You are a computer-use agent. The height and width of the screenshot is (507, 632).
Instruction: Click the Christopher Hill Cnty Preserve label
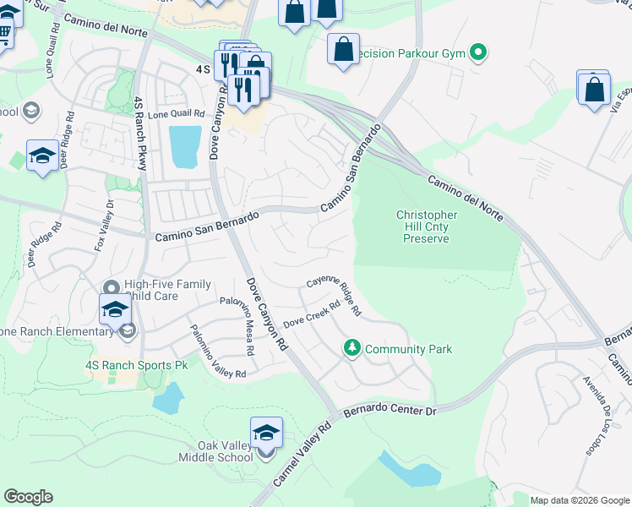coord(427,226)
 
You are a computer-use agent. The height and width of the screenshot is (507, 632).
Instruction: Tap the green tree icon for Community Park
coord(351,347)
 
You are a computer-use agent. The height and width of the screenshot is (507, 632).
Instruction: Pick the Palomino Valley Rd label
coord(217,352)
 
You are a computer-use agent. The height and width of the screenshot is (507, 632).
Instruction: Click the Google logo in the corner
coord(29,496)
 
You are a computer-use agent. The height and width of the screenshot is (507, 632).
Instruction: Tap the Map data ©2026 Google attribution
coord(579,500)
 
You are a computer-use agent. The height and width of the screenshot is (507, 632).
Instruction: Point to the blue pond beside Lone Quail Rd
coord(185,145)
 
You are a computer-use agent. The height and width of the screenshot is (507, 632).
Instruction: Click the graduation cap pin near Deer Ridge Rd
coord(42,156)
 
